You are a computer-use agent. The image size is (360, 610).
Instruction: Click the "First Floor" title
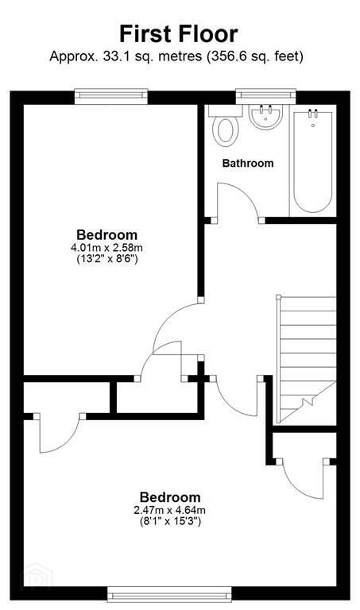179,34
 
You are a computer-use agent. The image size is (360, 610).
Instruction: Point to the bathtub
313,161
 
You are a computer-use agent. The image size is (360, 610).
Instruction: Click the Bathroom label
247,163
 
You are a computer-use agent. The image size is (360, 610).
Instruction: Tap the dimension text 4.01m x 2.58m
106,248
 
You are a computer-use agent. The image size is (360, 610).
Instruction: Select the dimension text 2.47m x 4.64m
169,510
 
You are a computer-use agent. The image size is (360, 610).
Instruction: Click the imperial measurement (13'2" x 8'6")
106,259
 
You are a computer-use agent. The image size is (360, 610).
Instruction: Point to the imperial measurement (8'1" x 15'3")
170,521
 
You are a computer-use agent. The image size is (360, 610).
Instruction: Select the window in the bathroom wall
265,96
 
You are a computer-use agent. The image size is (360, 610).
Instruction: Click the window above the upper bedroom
111,96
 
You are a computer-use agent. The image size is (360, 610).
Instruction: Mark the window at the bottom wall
169,595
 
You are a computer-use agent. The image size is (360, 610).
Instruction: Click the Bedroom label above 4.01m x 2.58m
106,235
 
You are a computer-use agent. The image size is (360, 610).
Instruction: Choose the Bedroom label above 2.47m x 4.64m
170,497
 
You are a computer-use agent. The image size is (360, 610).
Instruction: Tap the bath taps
313,114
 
